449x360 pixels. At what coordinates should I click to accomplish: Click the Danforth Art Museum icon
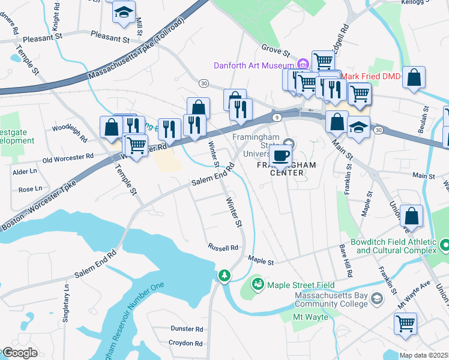tap(303, 64)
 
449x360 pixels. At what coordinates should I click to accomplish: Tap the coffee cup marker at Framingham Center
tap(280, 156)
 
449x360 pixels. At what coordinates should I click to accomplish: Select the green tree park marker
tap(224, 276)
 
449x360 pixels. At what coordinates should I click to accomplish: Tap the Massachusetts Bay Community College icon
tap(376, 299)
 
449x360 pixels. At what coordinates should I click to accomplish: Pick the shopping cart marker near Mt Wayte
tap(405, 323)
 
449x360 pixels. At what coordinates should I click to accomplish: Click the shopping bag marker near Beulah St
tap(414, 77)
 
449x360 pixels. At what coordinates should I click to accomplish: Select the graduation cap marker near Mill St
tap(124, 11)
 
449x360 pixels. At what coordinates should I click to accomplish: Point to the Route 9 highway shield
tap(276, 118)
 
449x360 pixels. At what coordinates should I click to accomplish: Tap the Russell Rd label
tap(223, 247)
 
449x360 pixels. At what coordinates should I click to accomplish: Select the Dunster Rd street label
tap(187, 329)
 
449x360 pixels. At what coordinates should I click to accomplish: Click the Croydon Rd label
tap(185, 343)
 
